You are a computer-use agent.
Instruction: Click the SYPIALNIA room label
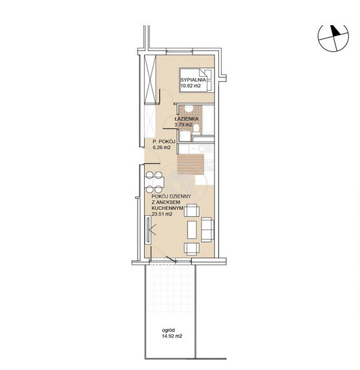pyautogui.click(x=193, y=80)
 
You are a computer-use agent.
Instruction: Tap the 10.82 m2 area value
pyautogui.click(x=191, y=86)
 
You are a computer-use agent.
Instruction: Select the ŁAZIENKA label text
pyautogui.click(x=186, y=119)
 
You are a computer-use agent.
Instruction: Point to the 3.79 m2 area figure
pyautogui.click(x=184, y=125)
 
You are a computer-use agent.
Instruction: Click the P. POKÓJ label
pyautogui.click(x=164, y=142)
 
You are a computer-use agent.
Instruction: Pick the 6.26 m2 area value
pyautogui.click(x=162, y=148)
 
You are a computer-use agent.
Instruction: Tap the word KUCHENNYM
pyautogui.click(x=167, y=208)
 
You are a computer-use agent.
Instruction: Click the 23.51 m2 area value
pyautogui.click(x=162, y=214)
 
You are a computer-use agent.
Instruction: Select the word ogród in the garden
pyautogui.click(x=168, y=331)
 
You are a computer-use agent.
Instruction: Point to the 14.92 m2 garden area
pyautogui.click(x=172, y=336)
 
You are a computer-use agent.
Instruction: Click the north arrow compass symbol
pyautogui.click(x=333, y=37)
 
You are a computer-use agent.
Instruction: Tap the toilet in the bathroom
pyautogui.click(x=196, y=129)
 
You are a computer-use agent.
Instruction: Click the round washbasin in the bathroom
pyautogui.click(x=189, y=109)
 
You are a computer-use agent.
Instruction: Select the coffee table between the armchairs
pyautogui.click(x=192, y=230)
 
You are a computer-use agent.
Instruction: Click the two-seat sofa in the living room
pyautogui.click(x=207, y=230)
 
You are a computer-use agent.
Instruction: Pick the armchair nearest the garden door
pyautogui.click(x=191, y=249)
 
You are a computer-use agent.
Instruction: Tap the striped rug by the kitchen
pyautogui.click(x=191, y=165)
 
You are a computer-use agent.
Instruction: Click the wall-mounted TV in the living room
pyautogui.click(x=148, y=229)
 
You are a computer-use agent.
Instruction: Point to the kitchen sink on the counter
pyautogui.click(x=202, y=149)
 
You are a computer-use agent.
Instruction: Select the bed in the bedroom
pyautogui.click(x=196, y=80)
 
